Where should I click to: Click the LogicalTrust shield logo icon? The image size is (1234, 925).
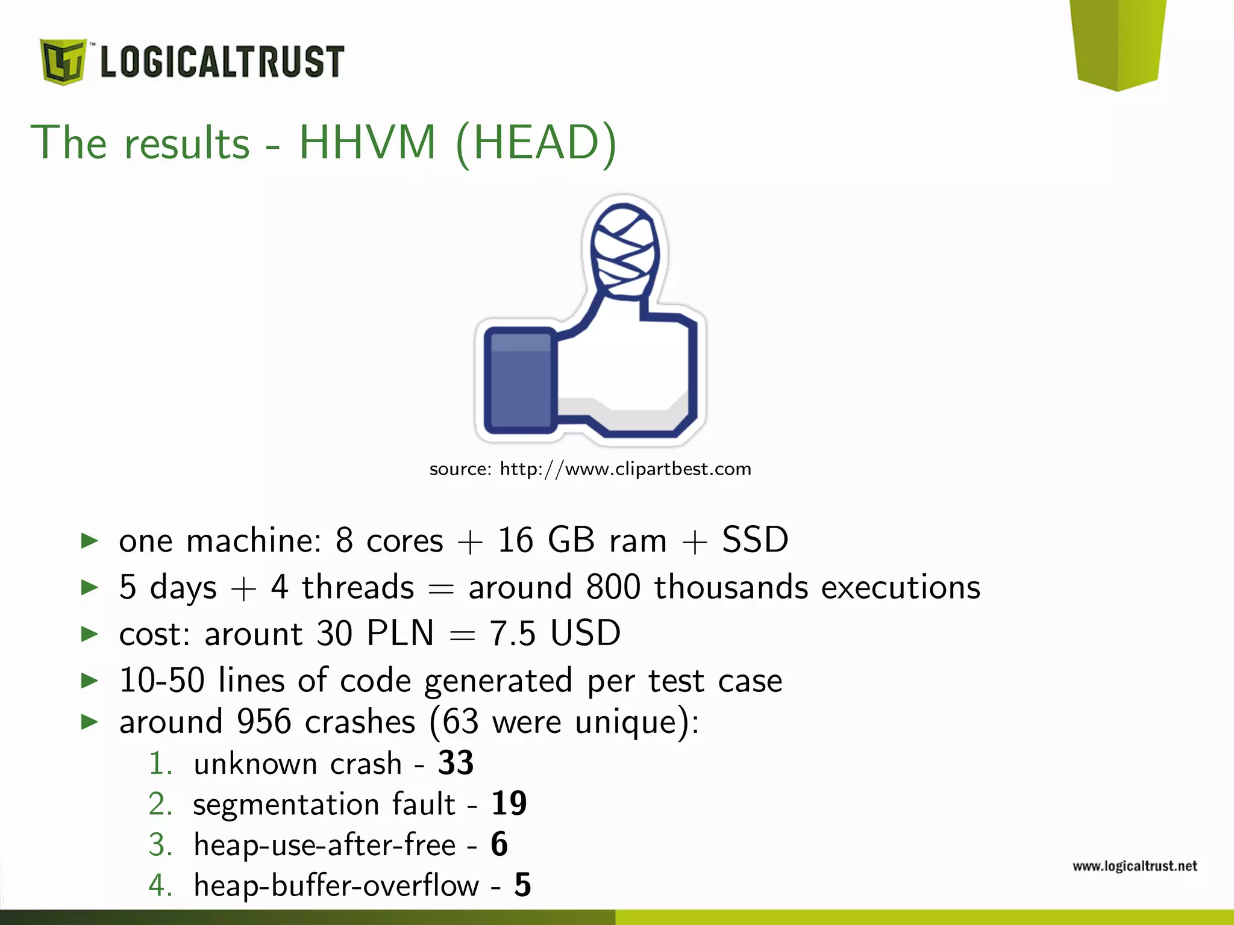(x=63, y=61)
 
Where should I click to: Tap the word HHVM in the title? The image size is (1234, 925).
(x=368, y=143)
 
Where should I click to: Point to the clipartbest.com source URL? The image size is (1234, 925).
(x=625, y=469)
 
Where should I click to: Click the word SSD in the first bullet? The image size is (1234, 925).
(x=755, y=540)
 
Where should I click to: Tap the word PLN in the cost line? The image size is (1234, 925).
(x=400, y=634)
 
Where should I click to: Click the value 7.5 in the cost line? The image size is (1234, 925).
(x=512, y=634)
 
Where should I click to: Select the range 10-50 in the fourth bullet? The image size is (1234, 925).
(x=162, y=681)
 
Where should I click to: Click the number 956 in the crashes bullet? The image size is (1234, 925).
(x=264, y=721)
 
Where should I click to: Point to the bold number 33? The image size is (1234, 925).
(x=456, y=763)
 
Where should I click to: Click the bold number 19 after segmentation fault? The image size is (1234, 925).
(x=509, y=803)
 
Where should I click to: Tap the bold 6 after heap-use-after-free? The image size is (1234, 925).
(x=499, y=844)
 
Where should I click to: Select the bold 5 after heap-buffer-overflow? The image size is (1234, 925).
(x=522, y=885)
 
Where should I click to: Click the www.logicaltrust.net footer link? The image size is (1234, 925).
(x=1135, y=866)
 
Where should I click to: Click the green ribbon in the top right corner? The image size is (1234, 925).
(x=1118, y=42)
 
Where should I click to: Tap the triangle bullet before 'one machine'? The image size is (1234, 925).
(x=90, y=541)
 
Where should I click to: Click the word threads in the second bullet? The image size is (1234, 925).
(x=358, y=587)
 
